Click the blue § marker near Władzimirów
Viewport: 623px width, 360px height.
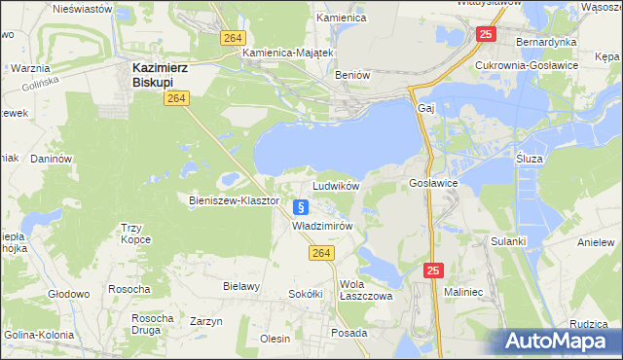[x=301, y=206]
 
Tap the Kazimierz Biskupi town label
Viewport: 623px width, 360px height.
[x=160, y=75]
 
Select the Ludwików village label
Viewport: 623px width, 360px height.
[x=336, y=185]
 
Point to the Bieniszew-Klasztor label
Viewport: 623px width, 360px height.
[x=234, y=200]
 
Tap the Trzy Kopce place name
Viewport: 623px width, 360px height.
[x=137, y=234]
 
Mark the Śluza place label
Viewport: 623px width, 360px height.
[x=531, y=157]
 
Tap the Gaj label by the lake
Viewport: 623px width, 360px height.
[x=425, y=108]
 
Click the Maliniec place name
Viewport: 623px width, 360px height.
[x=463, y=291]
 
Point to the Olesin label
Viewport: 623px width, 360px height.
[x=275, y=339]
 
